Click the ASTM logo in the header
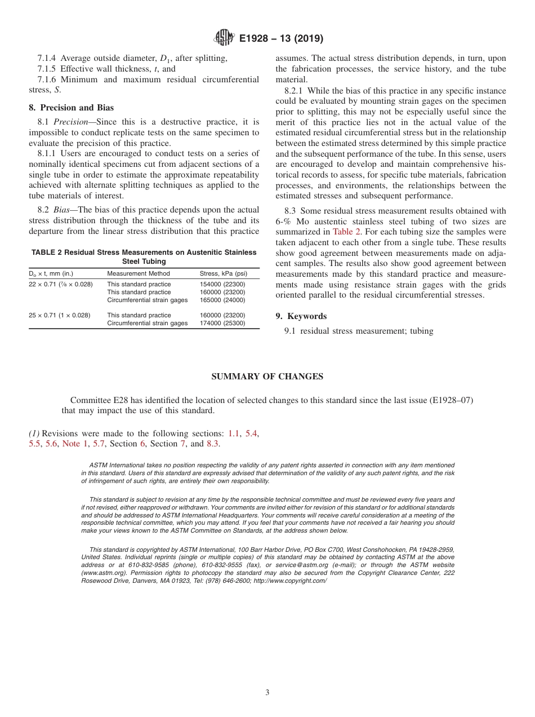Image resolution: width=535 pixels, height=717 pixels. tap(225, 38)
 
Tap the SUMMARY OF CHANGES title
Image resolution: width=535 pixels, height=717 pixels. tap(267, 376)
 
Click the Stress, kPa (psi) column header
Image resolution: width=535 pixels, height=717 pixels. tap(222, 274)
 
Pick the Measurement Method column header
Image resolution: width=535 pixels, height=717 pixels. tap(138, 274)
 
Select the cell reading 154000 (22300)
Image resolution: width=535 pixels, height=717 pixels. tap(222, 285)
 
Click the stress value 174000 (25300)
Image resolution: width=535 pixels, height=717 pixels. tap(222, 324)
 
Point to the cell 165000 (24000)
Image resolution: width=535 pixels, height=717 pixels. tap(222, 300)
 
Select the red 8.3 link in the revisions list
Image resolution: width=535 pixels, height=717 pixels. tap(213, 444)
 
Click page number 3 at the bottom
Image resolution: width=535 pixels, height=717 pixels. tap(267, 693)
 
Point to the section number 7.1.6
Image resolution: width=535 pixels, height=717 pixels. tap(47, 79)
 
